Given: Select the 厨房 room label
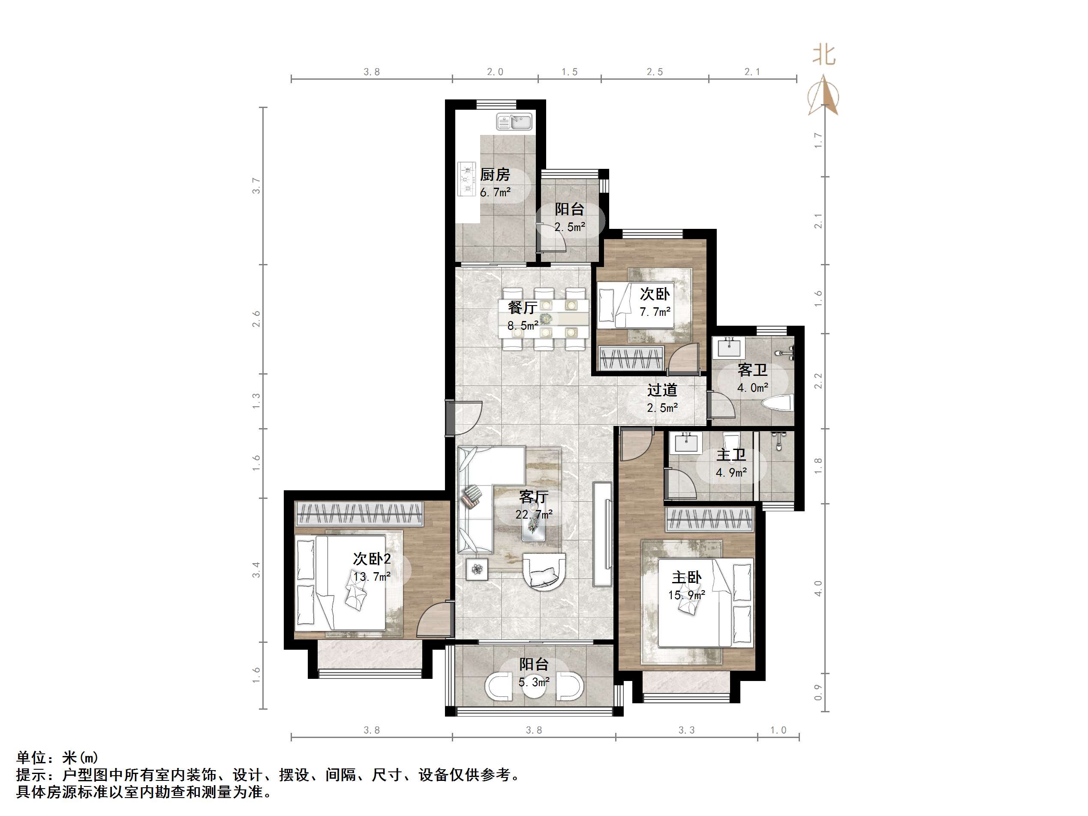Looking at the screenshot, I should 495,174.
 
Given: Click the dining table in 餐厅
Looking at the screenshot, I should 544,319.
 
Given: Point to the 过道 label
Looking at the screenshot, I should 662,390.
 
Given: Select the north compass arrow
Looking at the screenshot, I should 823,96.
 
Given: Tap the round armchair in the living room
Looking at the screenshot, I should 544,570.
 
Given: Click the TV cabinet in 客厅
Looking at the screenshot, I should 603,534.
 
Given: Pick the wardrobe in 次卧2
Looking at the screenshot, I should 359,514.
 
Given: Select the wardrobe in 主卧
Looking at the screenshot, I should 710,520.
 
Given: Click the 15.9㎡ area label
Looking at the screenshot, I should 686,595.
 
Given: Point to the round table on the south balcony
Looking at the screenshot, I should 534,686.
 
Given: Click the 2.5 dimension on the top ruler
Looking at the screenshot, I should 655,72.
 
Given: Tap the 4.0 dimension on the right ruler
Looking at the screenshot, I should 818,588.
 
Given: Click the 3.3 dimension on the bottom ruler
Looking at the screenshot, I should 687,730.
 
